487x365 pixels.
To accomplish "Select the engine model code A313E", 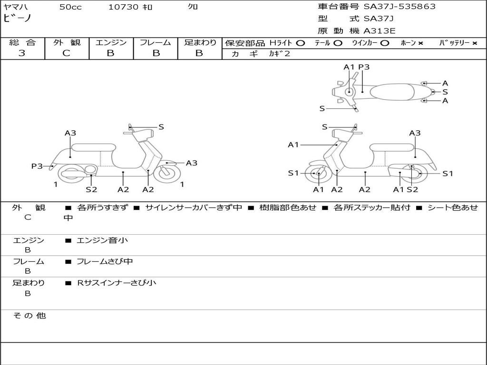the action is point(380,31).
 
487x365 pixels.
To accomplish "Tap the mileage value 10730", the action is point(123,7).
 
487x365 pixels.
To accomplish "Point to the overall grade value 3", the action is point(22,53).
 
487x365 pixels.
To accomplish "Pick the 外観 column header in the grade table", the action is point(67,43).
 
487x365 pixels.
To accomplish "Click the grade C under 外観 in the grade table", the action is point(67,53).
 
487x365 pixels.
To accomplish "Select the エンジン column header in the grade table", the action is point(111,43).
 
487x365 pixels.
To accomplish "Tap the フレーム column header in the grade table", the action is point(155,43).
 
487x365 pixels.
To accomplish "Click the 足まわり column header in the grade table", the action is point(200,43).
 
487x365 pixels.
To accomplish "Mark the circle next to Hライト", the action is point(300,43).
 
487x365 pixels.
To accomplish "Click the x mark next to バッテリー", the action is point(474,43).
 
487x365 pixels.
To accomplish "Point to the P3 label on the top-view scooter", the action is point(364,67).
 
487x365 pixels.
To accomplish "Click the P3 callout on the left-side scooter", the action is point(37,166).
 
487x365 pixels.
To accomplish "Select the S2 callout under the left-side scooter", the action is point(91,189).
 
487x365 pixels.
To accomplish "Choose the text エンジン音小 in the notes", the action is point(102,240).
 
